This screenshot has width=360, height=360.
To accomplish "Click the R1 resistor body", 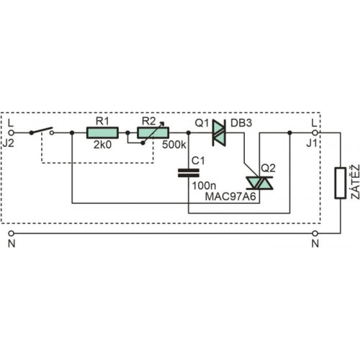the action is click(x=102, y=132).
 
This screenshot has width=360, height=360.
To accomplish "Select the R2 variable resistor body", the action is click(x=153, y=132).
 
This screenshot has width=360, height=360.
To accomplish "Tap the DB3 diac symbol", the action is click(x=219, y=132).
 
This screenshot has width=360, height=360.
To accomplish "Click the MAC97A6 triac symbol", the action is click(x=259, y=183).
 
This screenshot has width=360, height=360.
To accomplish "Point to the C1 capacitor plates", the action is click(x=189, y=173).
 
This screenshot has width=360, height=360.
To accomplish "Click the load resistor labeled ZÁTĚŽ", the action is click(x=341, y=183).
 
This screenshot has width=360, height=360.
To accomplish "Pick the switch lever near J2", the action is click(x=41, y=130).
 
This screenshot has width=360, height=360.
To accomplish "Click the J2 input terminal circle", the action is click(x=11, y=132).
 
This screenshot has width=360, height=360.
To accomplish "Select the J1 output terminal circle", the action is click(x=315, y=132).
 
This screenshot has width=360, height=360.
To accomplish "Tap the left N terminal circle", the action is click(x=11, y=233).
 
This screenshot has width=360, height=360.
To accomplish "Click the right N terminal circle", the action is click(x=315, y=233).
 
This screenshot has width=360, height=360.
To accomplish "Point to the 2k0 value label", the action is click(x=102, y=145).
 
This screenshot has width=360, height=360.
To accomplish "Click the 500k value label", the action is click(x=174, y=145).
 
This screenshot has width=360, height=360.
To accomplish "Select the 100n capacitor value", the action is click(x=204, y=186).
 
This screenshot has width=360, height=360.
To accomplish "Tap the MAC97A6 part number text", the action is click(x=230, y=197).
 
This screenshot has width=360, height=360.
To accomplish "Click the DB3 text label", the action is click(x=241, y=123).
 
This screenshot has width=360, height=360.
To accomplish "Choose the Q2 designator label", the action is click(x=268, y=168).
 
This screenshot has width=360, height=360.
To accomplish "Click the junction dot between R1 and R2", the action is click(x=127, y=132).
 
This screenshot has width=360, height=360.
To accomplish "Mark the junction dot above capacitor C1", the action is click(x=189, y=132).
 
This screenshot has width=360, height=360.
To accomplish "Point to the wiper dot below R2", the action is click(x=143, y=143).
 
